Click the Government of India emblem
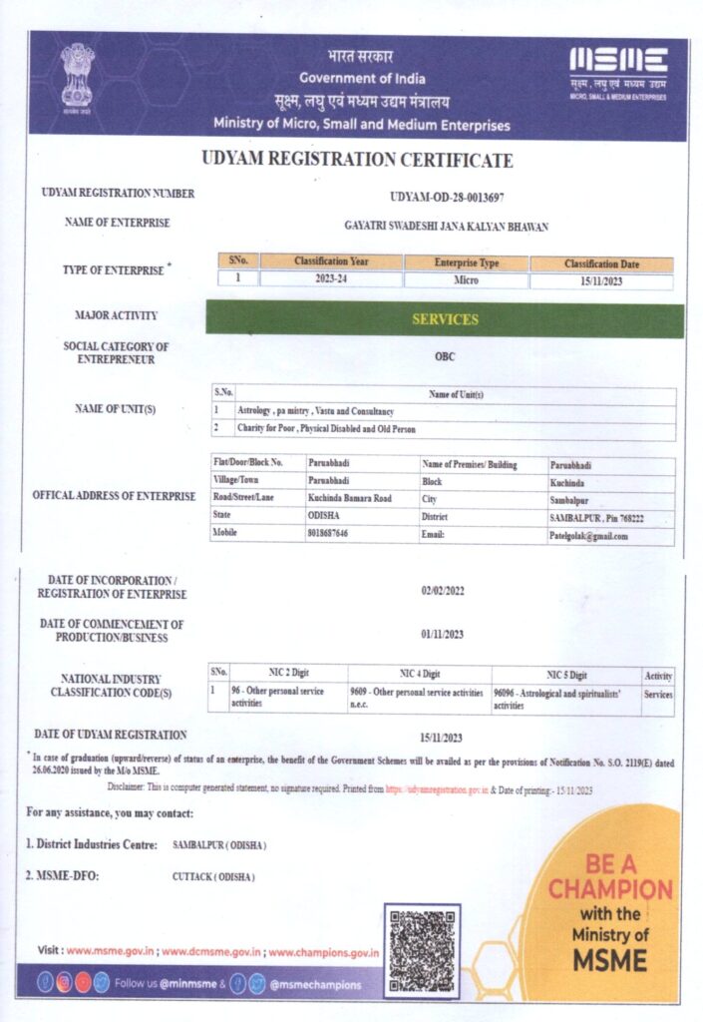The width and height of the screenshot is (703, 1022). pyautogui.click(x=77, y=76)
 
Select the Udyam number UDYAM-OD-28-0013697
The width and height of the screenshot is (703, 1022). pyautogui.click(x=445, y=196)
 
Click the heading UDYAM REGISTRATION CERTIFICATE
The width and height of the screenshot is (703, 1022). pyautogui.click(x=357, y=160)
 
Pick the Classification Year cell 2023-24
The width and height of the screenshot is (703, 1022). pyautogui.click(x=331, y=280)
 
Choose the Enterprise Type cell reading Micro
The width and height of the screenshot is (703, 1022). pyautogui.click(x=466, y=280)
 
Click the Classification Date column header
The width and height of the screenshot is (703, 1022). pyautogui.click(x=601, y=263)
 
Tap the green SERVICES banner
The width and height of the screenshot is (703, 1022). pyautogui.click(x=445, y=319)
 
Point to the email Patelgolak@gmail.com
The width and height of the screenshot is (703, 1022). pyautogui.click(x=589, y=536)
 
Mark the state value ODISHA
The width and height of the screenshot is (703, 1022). pyautogui.click(x=326, y=515)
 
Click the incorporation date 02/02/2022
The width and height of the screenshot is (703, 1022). pyautogui.click(x=443, y=591)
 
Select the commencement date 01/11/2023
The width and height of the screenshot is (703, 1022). pyautogui.click(x=443, y=634)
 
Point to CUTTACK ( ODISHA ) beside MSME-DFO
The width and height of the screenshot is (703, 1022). pyautogui.click(x=213, y=877)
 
